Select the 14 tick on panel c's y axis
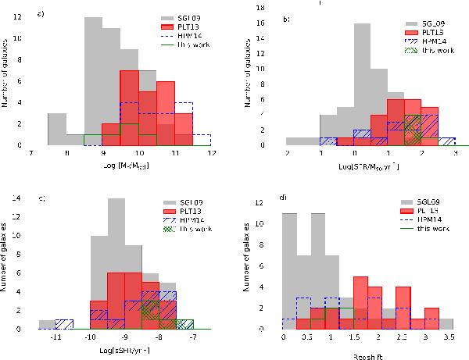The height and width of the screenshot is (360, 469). (27, 199)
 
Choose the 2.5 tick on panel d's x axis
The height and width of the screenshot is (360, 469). (403, 340)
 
